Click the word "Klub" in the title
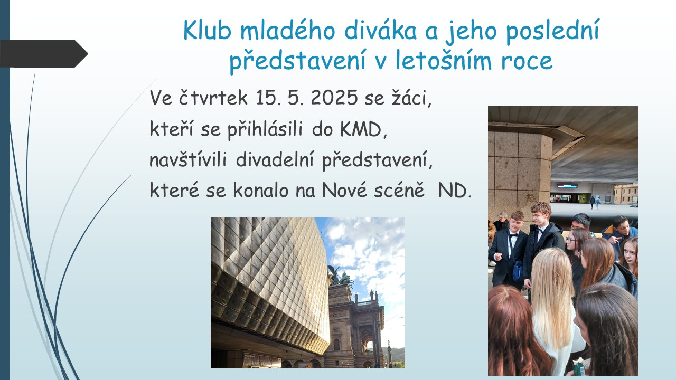coord(208,30)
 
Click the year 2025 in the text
coord(334,98)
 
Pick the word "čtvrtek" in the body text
coord(213,98)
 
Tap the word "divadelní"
coord(275,159)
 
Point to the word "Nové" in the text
coord(344,190)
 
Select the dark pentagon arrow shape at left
coord(44,53)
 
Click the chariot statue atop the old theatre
coord(341,276)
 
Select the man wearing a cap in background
coord(502,221)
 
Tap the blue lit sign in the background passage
coord(567,185)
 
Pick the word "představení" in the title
coord(297,61)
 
